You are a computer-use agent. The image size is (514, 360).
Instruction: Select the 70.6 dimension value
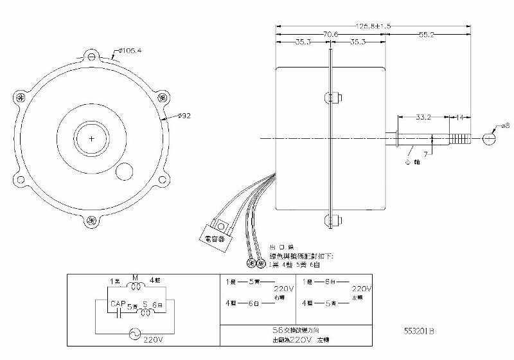coord(332,34)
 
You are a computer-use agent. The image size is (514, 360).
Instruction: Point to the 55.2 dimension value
coord(427,34)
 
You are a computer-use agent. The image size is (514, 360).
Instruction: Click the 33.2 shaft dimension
coord(423,118)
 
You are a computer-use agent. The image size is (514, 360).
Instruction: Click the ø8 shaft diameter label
coord(505,126)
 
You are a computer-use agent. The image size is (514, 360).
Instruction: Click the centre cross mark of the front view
coord(92,138)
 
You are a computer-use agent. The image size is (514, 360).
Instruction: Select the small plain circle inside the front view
coord(124,172)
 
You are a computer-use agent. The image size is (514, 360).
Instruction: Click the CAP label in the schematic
coord(117,303)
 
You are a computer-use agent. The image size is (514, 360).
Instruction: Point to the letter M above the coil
coord(136,277)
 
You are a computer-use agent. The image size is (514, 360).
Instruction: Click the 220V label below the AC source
coord(154,339)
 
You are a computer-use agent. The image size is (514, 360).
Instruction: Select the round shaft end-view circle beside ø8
coord(490,138)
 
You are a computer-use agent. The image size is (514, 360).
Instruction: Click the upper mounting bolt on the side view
coord(332,98)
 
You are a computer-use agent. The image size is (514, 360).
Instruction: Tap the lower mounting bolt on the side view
coord(332,221)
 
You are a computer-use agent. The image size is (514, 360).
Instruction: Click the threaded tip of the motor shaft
coord(461,138)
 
